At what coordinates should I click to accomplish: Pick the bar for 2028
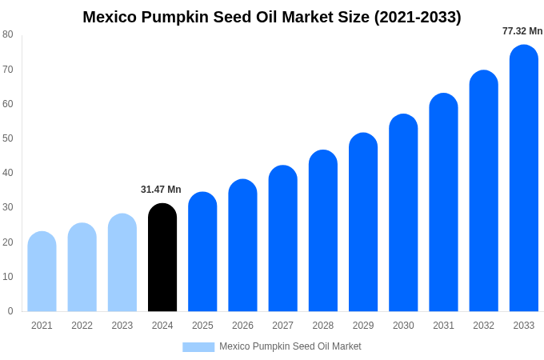point(323,231)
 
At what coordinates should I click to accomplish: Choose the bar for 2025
point(202,252)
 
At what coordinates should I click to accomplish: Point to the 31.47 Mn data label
point(161,190)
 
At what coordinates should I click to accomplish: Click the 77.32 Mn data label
point(522,31)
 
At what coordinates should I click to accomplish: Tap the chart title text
point(272,17)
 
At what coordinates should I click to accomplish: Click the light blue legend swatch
point(198,347)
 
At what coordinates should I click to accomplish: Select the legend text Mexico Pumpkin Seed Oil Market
point(290,346)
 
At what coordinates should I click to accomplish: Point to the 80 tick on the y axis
point(8,34)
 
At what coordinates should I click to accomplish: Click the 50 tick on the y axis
point(8,138)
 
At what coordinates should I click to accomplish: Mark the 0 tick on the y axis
point(10,311)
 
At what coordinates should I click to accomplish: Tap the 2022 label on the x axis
point(82,326)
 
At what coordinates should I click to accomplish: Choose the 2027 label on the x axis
point(282,326)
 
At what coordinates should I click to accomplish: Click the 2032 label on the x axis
point(483,326)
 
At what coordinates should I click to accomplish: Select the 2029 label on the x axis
point(363,326)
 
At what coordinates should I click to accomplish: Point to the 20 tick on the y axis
point(8,242)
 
